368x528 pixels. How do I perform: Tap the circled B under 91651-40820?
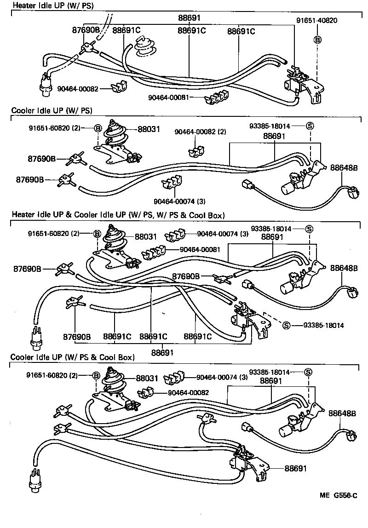click(x=317, y=40)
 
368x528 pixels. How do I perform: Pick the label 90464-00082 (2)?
click(x=200, y=132)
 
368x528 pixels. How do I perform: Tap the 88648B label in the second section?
click(x=344, y=168)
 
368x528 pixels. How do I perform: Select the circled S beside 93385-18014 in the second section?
click(x=310, y=126)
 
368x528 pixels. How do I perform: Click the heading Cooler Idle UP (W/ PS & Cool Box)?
click(x=72, y=357)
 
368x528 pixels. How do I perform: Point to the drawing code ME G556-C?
click(x=339, y=496)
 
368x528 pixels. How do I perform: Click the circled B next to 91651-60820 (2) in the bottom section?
click(x=96, y=375)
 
